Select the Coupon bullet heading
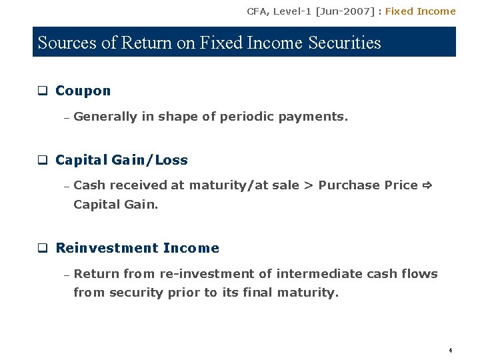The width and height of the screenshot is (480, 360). [83, 91]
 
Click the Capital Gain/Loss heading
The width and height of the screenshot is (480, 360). [121, 160]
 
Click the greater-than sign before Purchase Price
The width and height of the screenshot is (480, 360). [309, 185]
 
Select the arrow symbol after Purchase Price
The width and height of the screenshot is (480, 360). [427, 185]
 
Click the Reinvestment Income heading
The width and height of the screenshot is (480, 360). [137, 248]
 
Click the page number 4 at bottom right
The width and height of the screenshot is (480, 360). [451, 350]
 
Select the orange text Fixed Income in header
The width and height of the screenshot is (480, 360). [420, 11]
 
